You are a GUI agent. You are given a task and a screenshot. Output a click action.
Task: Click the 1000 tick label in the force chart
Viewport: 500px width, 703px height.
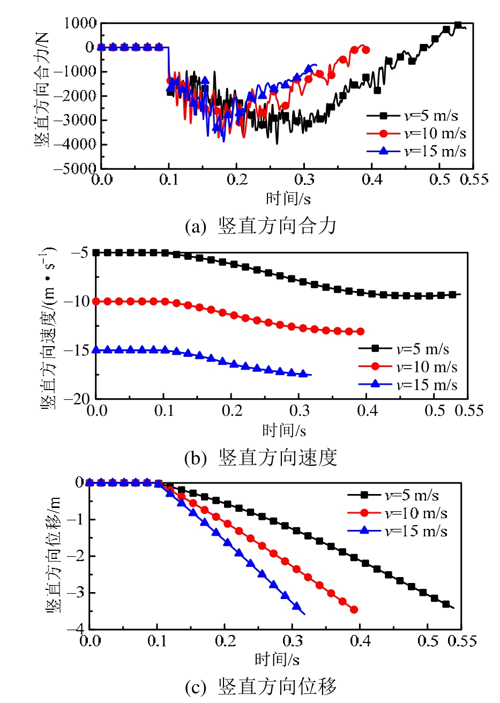(x=80, y=23)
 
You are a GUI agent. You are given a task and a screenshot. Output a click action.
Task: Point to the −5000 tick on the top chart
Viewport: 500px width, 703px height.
(x=77, y=168)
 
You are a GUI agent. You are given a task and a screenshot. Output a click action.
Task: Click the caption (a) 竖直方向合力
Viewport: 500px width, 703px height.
(x=260, y=226)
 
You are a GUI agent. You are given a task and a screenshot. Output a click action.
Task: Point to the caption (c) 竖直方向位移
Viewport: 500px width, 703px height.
(x=260, y=686)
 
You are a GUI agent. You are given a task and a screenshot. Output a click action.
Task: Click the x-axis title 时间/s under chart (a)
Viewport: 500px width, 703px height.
(x=288, y=199)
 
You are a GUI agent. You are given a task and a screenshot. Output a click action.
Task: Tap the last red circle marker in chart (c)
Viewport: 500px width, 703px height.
(x=354, y=610)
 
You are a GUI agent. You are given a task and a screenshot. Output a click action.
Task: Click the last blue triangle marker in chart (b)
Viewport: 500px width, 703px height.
(x=303, y=373)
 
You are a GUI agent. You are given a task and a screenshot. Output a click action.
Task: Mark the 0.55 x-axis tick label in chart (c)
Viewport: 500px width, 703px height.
(x=462, y=641)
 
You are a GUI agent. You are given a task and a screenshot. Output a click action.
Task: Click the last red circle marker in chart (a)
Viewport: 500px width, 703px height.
(x=366, y=50)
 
